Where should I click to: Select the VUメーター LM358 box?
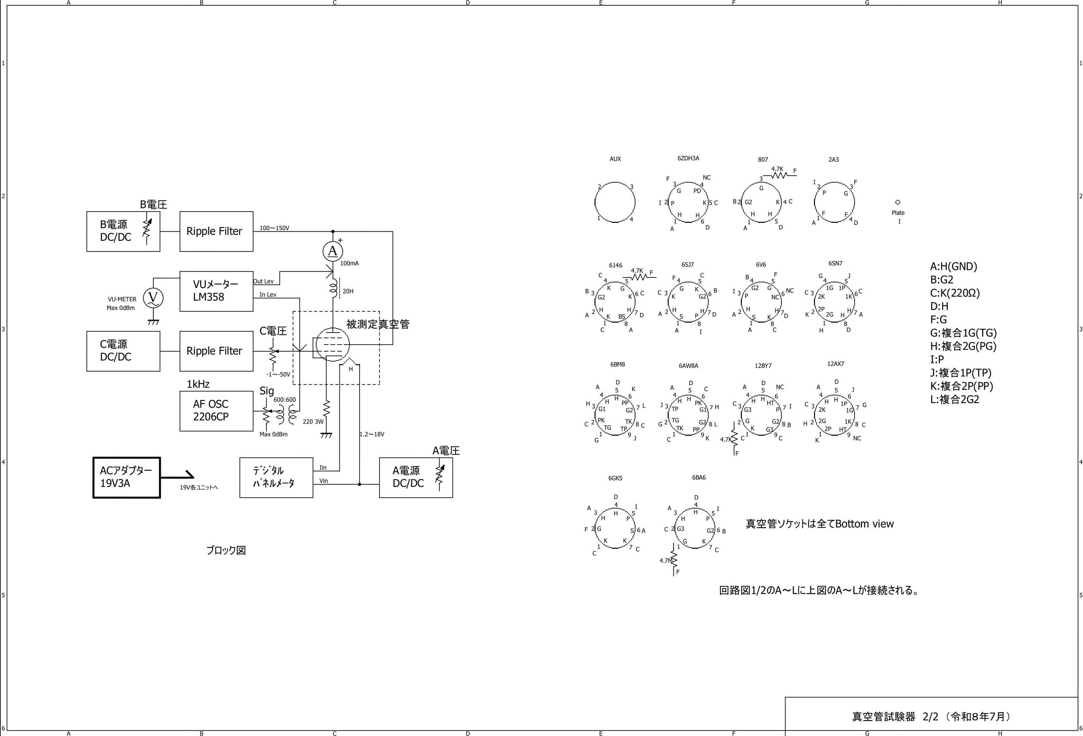click(216, 291)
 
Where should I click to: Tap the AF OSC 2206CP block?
click(216, 411)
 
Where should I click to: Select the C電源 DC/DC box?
click(123, 351)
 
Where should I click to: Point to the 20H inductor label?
click(348, 291)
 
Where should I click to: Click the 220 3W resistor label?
click(313, 421)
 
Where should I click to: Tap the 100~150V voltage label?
click(274, 228)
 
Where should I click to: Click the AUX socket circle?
click(615, 182)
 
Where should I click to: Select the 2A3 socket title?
click(834, 159)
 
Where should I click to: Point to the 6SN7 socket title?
click(836, 263)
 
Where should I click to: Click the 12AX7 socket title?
click(836, 364)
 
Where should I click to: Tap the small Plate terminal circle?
click(898, 202)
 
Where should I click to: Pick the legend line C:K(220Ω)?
click(955, 293)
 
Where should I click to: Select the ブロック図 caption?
click(226, 550)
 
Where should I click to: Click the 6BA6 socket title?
click(699, 477)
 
